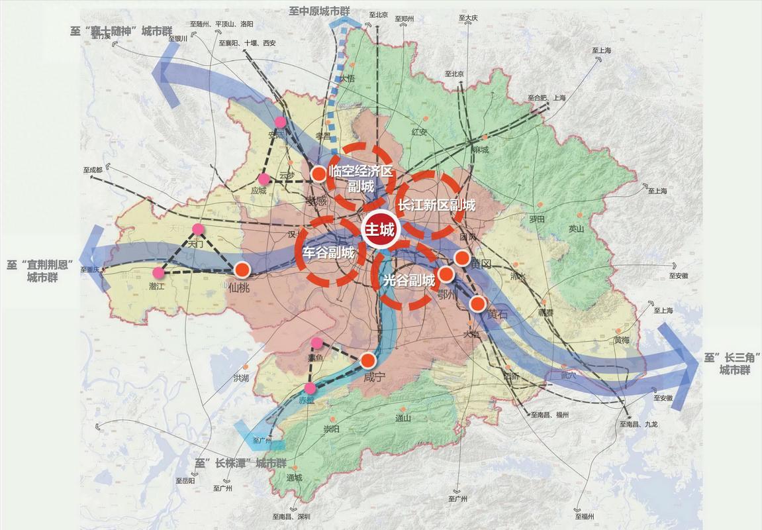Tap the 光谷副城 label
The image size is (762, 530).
tap(409, 280)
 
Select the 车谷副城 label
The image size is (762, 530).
tap(328, 252)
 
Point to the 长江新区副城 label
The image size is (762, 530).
tap(436, 205)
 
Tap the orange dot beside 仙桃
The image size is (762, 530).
tap(242, 270)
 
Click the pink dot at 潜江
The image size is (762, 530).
tap(158, 272)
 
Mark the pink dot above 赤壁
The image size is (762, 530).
tap(310, 388)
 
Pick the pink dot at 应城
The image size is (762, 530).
tap(264, 179)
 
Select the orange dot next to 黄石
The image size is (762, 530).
tap(477, 303)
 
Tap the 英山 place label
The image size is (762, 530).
tap(577, 229)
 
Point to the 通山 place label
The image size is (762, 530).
tap(403, 418)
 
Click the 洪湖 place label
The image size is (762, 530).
tap(241, 378)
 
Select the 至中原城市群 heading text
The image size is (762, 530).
tap(320, 11)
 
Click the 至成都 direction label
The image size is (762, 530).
tap(93, 170)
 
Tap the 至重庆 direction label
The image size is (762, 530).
tap(89, 270)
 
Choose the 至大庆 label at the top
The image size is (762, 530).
tap(469, 18)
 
